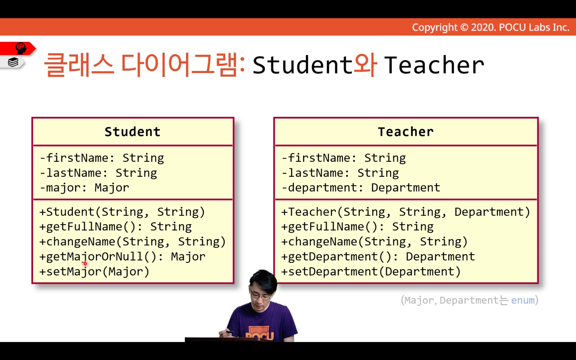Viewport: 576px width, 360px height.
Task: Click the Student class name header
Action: click(x=133, y=132)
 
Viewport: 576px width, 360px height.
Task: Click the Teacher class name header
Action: click(x=406, y=132)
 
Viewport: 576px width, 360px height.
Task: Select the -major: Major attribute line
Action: click(x=84, y=188)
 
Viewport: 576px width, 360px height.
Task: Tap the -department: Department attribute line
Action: click(x=361, y=188)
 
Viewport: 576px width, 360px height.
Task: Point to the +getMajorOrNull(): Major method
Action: click(x=122, y=257)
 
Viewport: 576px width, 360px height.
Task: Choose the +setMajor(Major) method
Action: click(x=94, y=272)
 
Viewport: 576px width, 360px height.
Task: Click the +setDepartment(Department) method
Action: click(x=371, y=272)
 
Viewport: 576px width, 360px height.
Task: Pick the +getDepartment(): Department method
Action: click(x=378, y=257)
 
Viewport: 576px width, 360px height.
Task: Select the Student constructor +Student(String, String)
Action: click(x=122, y=212)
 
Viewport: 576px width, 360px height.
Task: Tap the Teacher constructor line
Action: click(x=406, y=212)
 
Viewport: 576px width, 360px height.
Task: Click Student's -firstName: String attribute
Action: click(x=102, y=158)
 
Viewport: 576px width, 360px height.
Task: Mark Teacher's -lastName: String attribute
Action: click(x=340, y=173)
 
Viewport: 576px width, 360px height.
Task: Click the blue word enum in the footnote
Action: click(x=523, y=300)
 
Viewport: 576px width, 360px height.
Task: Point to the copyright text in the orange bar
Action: click(x=491, y=27)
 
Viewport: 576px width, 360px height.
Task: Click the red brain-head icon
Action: click(x=21, y=48)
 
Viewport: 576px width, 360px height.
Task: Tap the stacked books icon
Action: click(x=13, y=62)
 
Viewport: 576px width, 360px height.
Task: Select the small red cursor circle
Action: click(x=85, y=264)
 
